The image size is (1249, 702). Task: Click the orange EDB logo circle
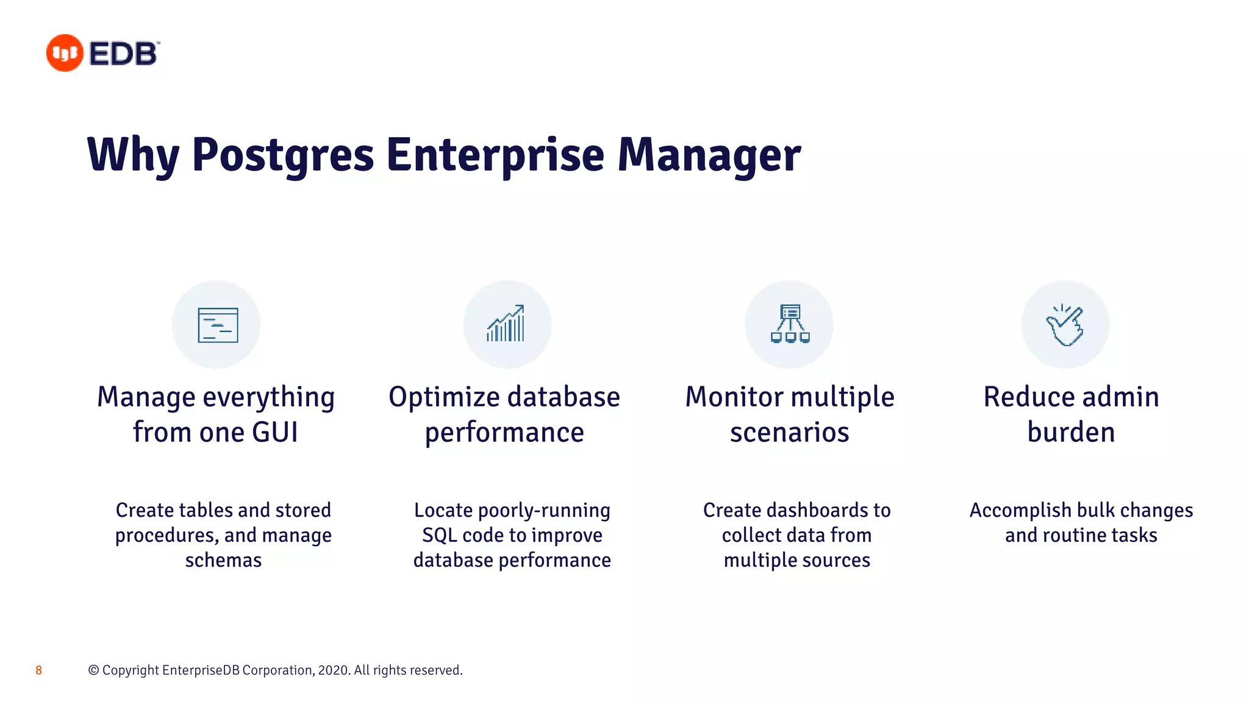[64, 53]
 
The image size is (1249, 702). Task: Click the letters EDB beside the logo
[124, 54]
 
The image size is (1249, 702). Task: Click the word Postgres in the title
[282, 155]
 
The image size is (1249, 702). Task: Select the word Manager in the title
[709, 155]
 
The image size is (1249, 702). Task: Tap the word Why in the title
[134, 155]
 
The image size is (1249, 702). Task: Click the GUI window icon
[218, 325]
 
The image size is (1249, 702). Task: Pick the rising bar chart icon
[506, 324]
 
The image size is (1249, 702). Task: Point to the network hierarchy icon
[790, 324]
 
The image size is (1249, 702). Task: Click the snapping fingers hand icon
[1065, 325]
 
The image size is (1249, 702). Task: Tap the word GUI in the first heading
[274, 433]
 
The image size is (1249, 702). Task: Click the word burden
[1071, 433]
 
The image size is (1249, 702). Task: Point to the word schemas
[223, 560]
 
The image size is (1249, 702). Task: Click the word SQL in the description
[439, 535]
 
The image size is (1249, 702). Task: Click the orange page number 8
[38, 670]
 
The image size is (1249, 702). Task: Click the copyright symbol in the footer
[93, 670]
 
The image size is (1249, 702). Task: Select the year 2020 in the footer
[334, 670]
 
